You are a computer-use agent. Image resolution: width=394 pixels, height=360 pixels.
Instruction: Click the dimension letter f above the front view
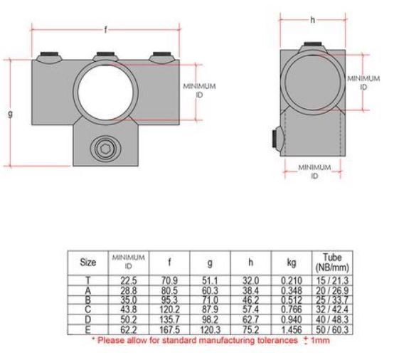tap(107, 30)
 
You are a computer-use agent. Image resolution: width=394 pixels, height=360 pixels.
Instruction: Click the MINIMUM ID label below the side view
tap(314, 171)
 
